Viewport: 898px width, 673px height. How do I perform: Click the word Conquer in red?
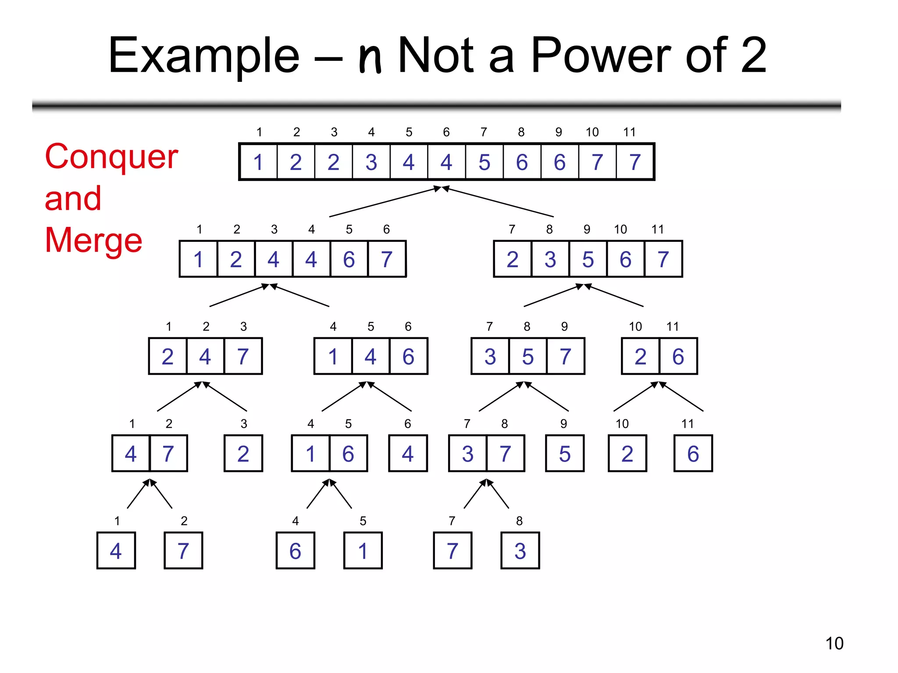click(x=111, y=157)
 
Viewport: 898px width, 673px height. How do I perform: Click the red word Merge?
click(x=93, y=240)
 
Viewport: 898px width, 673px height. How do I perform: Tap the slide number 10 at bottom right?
click(x=834, y=643)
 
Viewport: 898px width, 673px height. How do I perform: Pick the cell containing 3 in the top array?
click(x=371, y=162)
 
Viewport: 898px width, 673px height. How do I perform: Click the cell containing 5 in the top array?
click(x=484, y=162)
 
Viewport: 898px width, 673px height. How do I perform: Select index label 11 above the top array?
click(x=629, y=132)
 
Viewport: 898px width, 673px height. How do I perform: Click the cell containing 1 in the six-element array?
click(x=198, y=259)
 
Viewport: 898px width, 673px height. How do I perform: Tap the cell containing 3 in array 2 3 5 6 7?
click(x=550, y=259)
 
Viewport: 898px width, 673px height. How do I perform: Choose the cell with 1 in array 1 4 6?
click(x=333, y=356)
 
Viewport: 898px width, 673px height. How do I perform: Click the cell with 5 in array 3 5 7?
click(x=528, y=356)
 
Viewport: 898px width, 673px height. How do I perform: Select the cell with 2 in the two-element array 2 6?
click(x=640, y=356)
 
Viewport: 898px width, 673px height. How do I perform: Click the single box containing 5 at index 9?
click(x=565, y=453)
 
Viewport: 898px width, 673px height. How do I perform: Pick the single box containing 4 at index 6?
click(x=408, y=453)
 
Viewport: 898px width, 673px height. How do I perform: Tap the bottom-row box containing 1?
click(x=363, y=551)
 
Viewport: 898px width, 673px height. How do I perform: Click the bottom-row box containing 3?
click(x=520, y=551)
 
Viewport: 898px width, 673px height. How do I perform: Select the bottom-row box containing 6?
click(x=295, y=551)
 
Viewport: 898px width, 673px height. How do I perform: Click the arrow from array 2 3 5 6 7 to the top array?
click(x=500, y=202)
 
